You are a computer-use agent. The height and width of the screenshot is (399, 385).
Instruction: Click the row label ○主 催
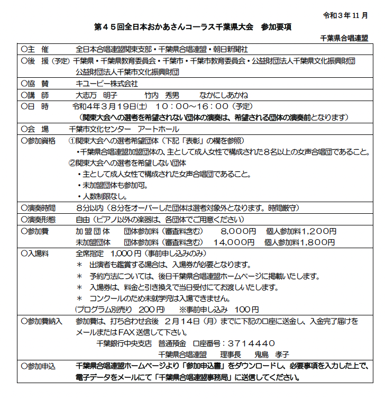pyautogui.click(x=35, y=49)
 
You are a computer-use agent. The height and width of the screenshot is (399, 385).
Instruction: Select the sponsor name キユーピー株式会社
pyautogui.click(x=106, y=83)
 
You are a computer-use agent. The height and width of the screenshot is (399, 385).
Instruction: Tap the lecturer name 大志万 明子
pyautogui.click(x=97, y=95)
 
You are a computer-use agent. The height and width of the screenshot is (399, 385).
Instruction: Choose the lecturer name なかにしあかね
pyautogui.click(x=224, y=95)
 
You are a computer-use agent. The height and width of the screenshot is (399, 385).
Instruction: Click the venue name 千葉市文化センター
pyautogui.click(x=100, y=129)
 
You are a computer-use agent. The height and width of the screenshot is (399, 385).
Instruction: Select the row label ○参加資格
pyautogui.click(x=38, y=140)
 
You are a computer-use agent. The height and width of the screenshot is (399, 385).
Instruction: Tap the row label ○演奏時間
pyautogui.click(x=38, y=208)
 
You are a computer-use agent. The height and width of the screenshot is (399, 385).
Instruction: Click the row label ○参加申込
pyautogui.click(x=38, y=366)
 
